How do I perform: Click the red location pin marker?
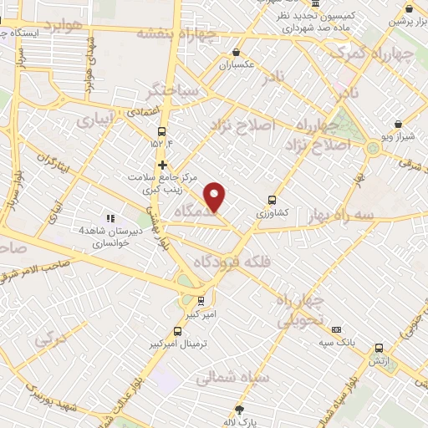(x=215, y=197)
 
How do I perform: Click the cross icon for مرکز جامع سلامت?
(x=163, y=165)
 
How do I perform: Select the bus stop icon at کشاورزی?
(x=272, y=200)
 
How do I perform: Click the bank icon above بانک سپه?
(x=336, y=329)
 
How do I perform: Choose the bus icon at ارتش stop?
(x=379, y=348)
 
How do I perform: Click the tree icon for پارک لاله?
(x=240, y=409)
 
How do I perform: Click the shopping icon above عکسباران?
(x=236, y=52)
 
